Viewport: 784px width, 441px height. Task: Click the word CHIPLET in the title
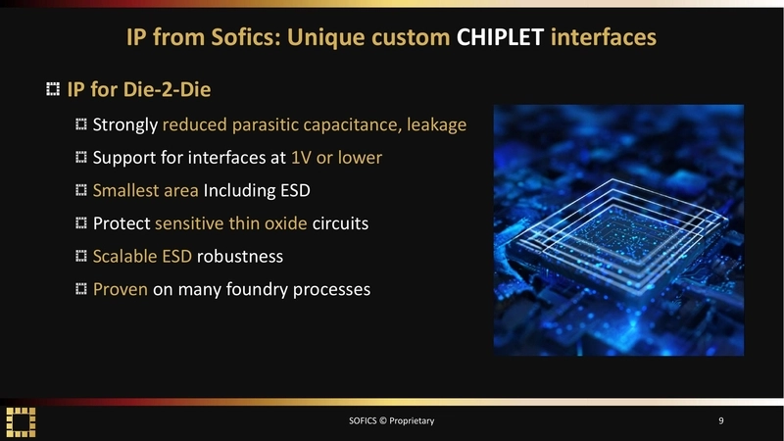[x=500, y=38]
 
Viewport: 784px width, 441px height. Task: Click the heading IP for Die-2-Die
[x=138, y=90]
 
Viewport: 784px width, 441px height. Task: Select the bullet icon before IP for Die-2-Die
[x=52, y=90]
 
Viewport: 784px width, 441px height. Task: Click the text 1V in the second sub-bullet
[x=301, y=157]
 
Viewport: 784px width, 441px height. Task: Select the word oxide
[x=282, y=223]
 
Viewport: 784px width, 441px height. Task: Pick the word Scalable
[x=122, y=257]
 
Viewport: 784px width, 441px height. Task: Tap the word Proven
[x=120, y=290]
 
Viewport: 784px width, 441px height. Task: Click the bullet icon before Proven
[x=81, y=290]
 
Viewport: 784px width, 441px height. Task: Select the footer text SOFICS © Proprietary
[x=391, y=420]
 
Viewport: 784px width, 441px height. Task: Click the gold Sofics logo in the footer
[x=20, y=420]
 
